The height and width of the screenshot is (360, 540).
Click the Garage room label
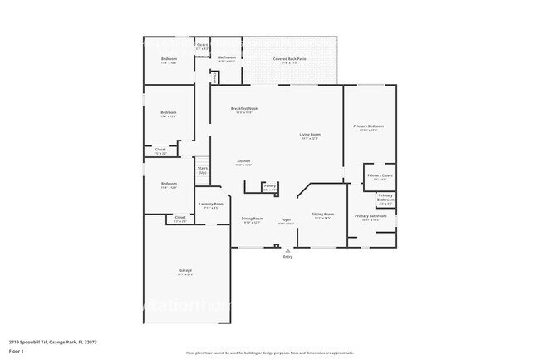pos(186,272)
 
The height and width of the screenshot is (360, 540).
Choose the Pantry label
pos(269,187)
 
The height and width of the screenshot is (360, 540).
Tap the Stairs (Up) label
pos(202,170)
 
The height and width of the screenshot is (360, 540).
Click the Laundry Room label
pos(211,205)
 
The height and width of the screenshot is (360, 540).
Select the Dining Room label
pos(252,220)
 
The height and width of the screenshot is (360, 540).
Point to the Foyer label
pos(286,220)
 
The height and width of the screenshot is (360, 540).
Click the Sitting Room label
pos(322,215)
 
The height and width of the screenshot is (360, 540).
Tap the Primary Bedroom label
pos(367,127)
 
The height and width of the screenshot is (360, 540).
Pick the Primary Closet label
pos(380,177)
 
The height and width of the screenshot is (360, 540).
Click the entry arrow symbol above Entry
pos(288,250)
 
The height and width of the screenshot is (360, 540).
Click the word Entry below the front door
pos(288,257)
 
